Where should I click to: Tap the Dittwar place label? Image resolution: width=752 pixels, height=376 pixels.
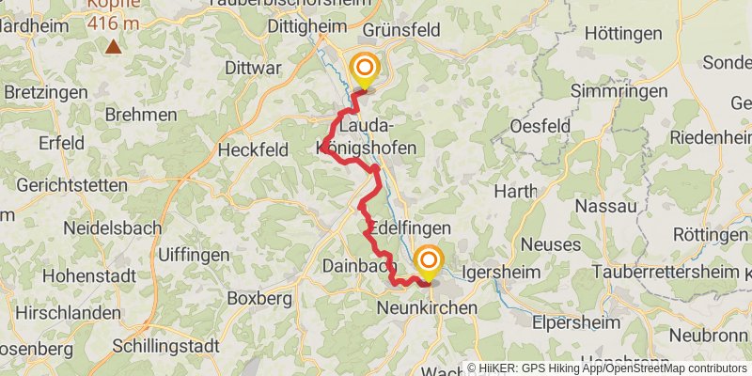[254, 68]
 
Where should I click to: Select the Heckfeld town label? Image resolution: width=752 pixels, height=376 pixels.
[254, 149]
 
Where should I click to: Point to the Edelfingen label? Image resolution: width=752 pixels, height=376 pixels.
[411, 228]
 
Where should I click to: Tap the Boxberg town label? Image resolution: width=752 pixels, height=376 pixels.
[259, 298]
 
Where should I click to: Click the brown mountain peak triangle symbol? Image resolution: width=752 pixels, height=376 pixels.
[114, 45]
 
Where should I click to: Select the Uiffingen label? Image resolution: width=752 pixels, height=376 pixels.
[194, 255]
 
